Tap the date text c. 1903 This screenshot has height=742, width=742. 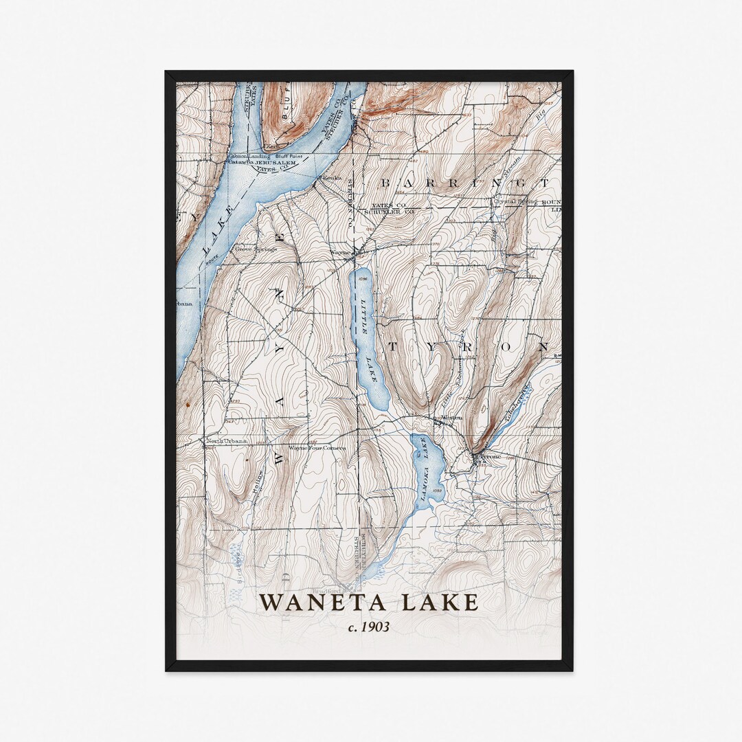(x=368, y=627)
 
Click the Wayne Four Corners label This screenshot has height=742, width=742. (x=317, y=448)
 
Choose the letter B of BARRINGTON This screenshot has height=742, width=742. (x=386, y=183)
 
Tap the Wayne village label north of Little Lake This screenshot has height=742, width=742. (x=341, y=252)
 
